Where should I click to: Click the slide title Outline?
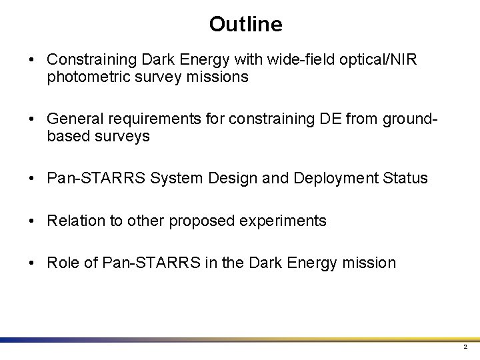pyautogui.click(x=245, y=25)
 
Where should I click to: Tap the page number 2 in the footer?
pyautogui.click(x=465, y=347)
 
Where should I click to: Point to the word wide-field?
pyautogui.click(x=299, y=60)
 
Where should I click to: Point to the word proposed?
pyautogui.click(x=199, y=221)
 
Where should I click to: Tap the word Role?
pyautogui.click(x=63, y=263)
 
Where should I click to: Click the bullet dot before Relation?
pyautogui.click(x=32, y=221)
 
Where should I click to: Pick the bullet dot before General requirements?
pyautogui.click(x=32, y=119)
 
